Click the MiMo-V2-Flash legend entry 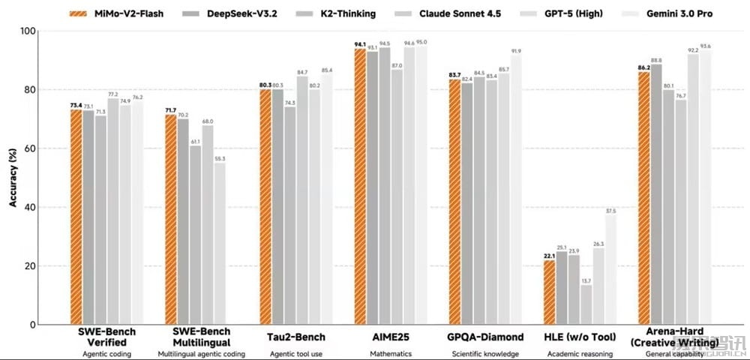pyautogui.click(x=119, y=13)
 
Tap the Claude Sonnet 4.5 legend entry pyautogui.click(x=468, y=13)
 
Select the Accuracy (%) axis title pyautogui.click(x=12, y=178)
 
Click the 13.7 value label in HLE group pyautogui.click(x=586, y=280)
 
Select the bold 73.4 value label pyautogui.click(x=76, y=105)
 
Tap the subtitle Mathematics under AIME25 pyautogui.click(x=385, y=352)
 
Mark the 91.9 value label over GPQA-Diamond pyautogui.click(x=516, y=51)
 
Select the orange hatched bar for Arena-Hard pyautogui.click(x=644, y=198)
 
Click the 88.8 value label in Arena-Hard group pyautogui.click(x=656, y=60)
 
